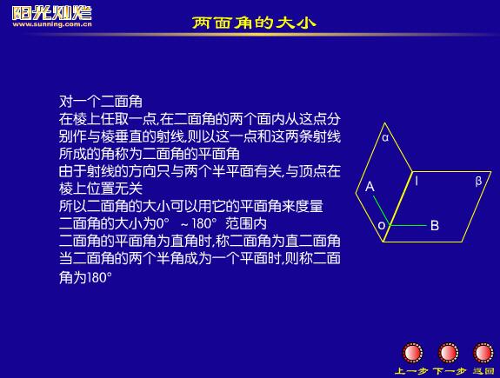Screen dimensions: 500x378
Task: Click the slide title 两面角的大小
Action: coord(254,23)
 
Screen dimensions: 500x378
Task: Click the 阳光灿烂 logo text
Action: coord(52,13)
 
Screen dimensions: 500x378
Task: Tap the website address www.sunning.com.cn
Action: coord(52,24)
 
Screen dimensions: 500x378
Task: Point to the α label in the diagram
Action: coord(385,137)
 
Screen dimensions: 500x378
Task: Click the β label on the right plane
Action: coord(478,181)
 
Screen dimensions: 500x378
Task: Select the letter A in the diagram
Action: coord(370,186)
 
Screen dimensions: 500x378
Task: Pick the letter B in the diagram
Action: coord(435,225)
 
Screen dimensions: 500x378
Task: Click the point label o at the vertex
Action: coord(382,226)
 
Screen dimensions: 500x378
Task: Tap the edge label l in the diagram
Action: coord(417,181)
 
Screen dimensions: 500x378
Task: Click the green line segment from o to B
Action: coord(408,225)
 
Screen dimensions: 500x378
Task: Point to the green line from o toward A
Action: coord(382,210)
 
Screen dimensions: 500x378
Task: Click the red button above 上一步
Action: coord(412,353)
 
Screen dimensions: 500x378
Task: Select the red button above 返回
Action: coord(483,353)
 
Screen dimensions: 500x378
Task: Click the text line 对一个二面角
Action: coord(101,102)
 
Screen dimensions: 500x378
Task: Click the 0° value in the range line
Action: coord(163,223)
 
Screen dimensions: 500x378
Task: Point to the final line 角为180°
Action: coord(85,277)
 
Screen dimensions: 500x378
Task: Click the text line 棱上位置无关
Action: coord(101,189)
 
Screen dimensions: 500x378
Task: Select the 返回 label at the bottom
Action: coord(483,371)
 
